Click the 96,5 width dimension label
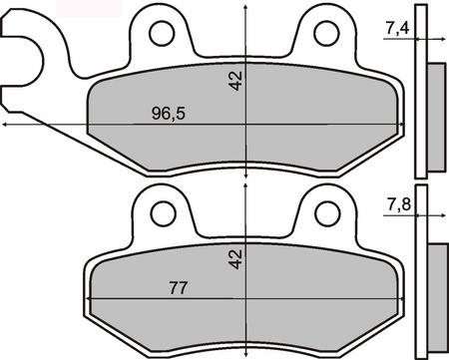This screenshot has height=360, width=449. click(167, 113)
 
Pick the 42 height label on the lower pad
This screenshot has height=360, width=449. click(235, 259)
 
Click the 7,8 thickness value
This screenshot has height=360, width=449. click(397, 206)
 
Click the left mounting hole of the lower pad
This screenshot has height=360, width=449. click(161, 211)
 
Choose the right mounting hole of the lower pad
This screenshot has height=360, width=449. click(325, 211)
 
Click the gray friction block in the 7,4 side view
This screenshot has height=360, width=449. click(436, 110)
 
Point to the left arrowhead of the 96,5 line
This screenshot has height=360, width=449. click(6, 125)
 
